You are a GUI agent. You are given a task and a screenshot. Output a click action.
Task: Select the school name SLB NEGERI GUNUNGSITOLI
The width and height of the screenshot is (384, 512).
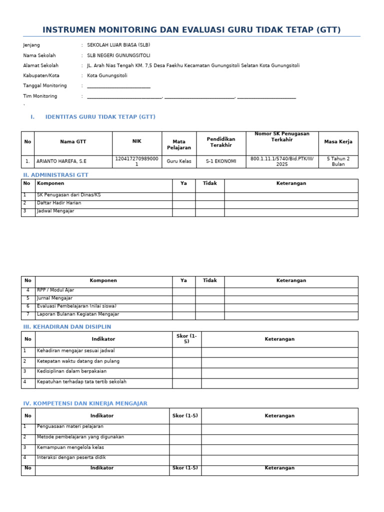tap(118, 55)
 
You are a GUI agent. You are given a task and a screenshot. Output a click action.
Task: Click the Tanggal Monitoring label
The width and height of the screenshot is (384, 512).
tap(44, 85)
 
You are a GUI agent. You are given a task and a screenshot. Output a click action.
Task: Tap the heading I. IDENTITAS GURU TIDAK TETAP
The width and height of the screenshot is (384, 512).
tap(100, 117)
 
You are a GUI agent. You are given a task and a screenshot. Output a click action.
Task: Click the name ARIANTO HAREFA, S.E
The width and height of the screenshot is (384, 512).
tap(61, 161)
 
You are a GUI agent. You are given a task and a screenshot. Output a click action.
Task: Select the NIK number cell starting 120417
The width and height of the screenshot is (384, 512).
tap(136, 161)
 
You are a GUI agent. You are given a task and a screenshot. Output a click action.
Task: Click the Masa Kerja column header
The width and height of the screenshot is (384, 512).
tap(338, 142)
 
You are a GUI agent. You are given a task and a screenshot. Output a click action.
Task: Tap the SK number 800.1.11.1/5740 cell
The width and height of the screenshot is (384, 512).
tap(282, 161)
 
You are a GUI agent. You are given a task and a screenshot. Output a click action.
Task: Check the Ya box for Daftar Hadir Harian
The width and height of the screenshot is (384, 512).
tap(183, 204)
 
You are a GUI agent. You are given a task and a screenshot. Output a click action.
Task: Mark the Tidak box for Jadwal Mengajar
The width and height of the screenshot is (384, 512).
tap(209, 212)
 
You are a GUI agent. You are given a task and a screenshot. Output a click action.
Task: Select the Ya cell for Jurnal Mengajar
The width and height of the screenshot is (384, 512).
tap(183, 299)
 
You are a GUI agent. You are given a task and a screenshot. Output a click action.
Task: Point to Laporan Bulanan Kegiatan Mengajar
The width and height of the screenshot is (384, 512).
tap(78, 314)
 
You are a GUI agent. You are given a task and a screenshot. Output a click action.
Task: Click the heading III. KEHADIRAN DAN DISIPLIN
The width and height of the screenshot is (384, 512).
tap(67, 327)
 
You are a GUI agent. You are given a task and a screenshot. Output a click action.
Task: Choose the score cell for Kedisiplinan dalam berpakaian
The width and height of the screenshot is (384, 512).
tap(186, 372)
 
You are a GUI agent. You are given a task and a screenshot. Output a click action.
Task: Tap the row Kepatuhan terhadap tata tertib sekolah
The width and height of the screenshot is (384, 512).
tap(81, 382)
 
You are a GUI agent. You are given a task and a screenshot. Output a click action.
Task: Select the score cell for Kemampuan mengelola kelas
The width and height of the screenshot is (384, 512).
tap(185, 448)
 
